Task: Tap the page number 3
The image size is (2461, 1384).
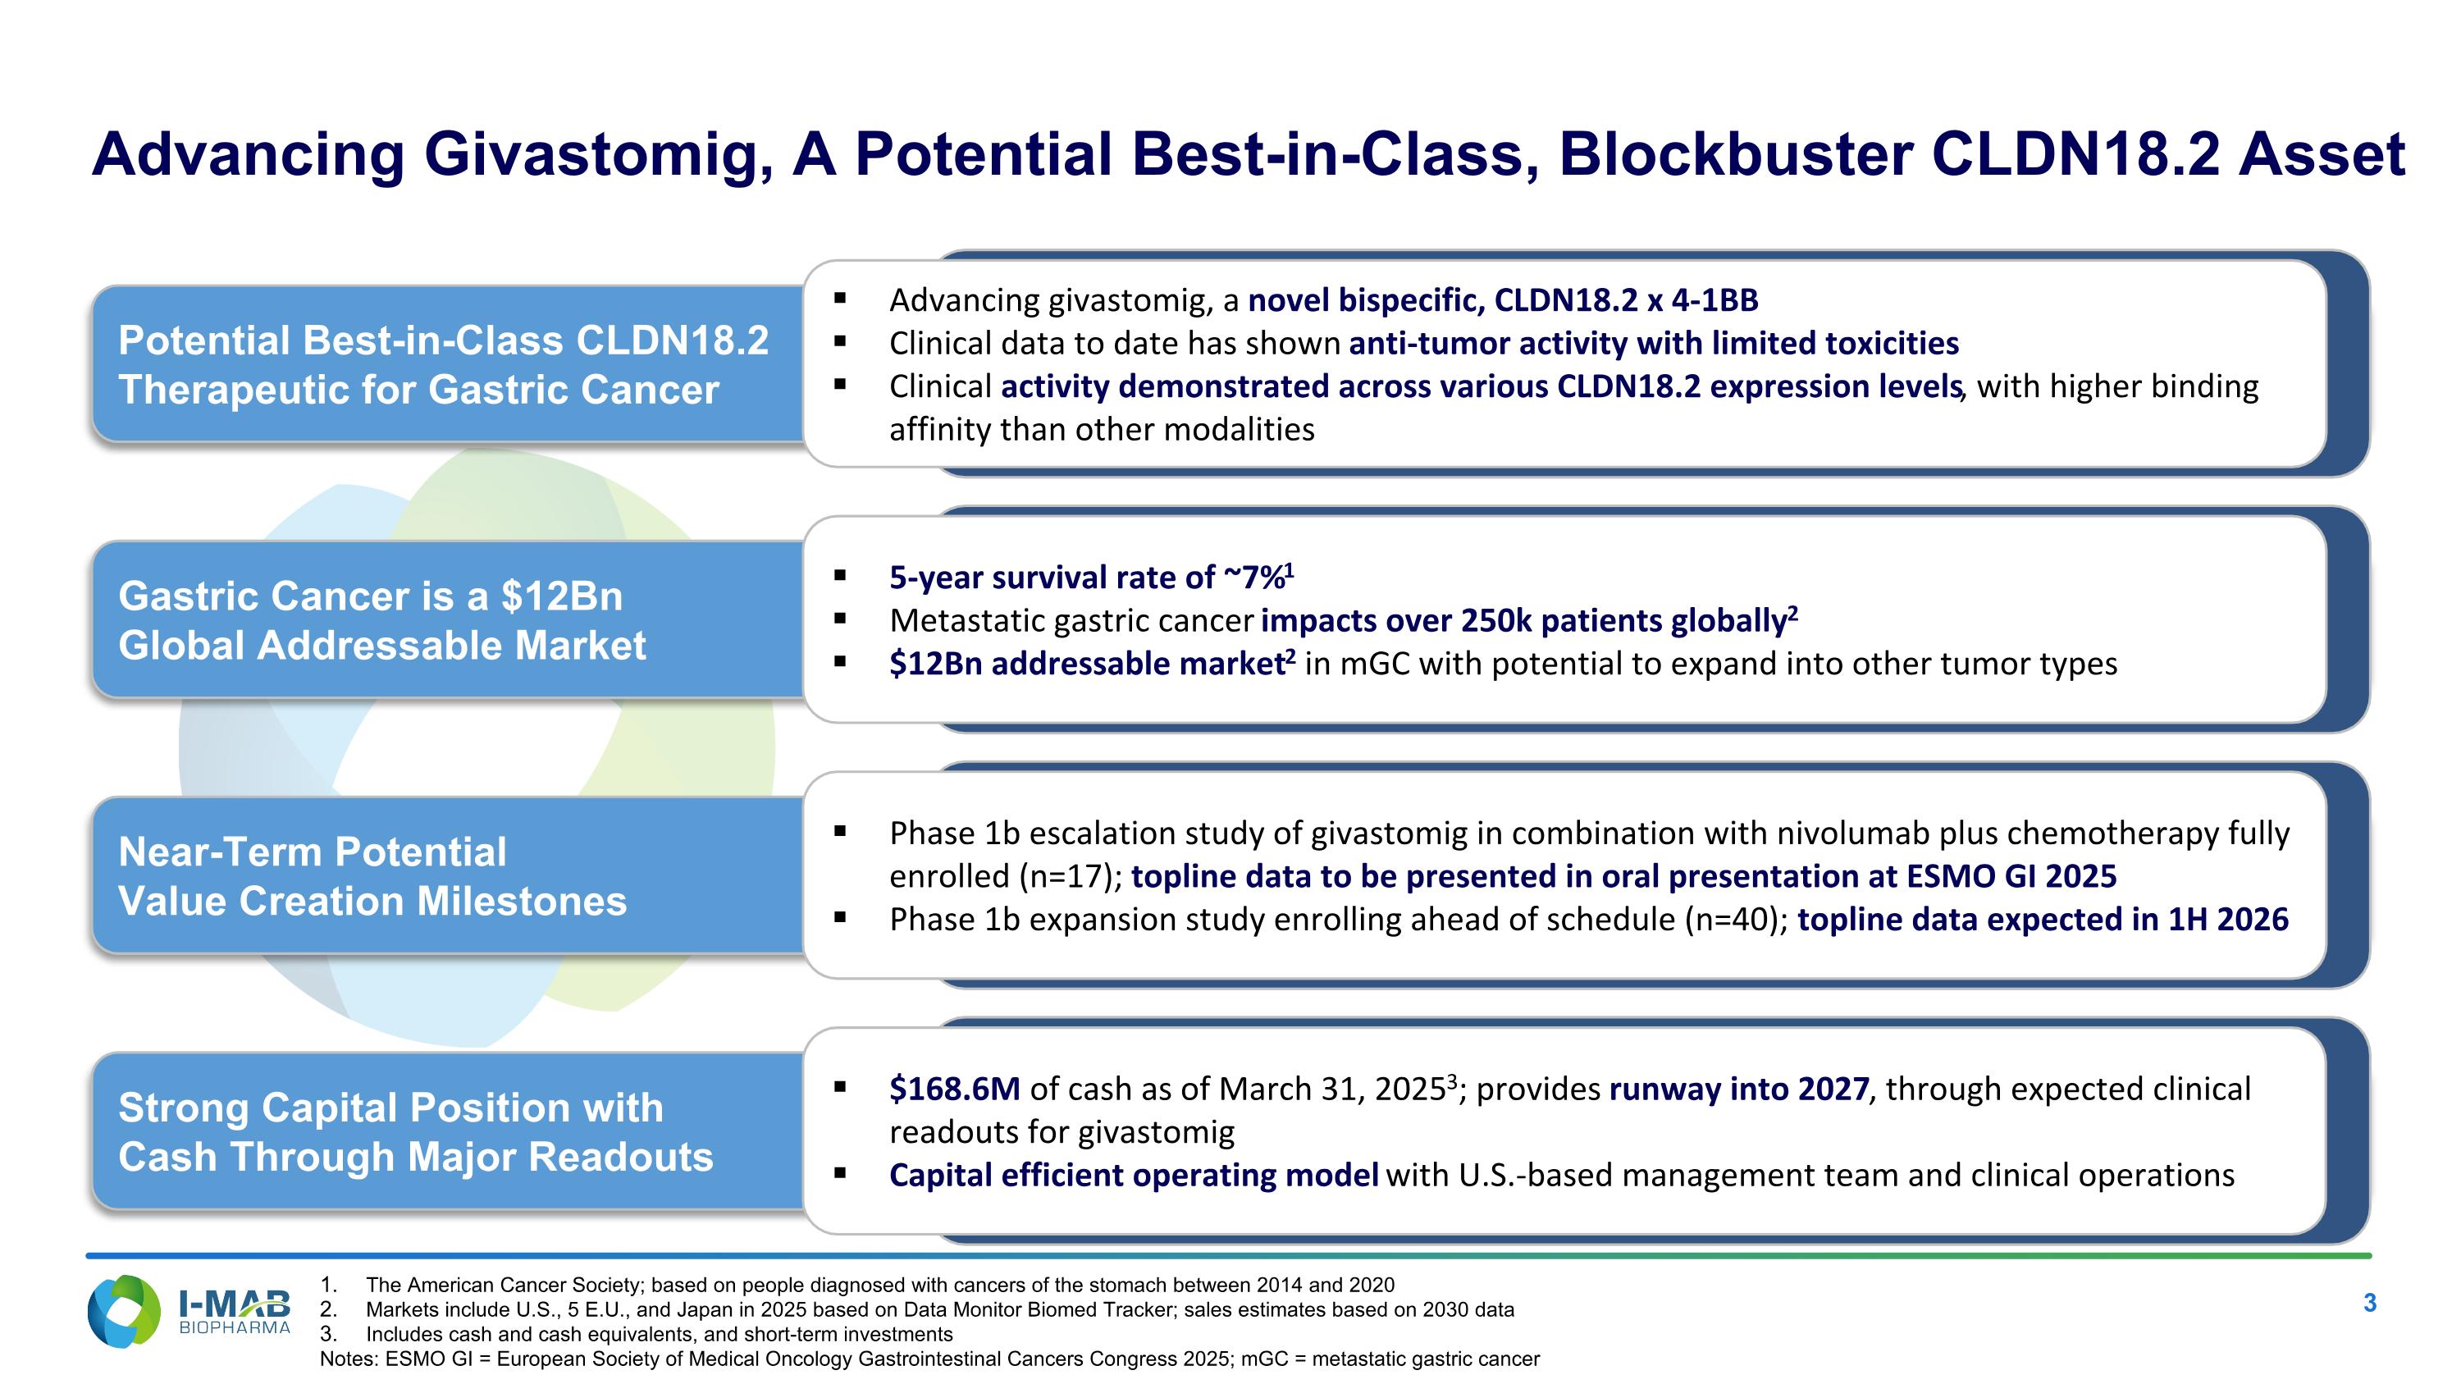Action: [2369, 1303]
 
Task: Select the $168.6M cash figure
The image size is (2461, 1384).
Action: [953, 1089]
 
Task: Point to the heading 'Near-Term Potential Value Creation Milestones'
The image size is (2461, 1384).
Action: [372, 877]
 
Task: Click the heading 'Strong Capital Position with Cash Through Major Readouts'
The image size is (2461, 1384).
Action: [416, 1132]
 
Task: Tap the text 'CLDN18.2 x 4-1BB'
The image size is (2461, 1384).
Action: [1625, 301]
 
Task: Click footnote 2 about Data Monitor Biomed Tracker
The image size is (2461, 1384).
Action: [939, 1309]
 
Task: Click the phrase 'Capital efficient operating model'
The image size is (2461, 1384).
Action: [1133, 1175]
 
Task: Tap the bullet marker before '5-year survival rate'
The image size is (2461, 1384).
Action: [840, 575]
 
